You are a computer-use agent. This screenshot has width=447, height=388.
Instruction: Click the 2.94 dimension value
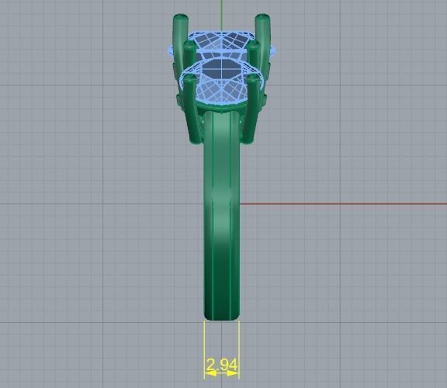[222, 364]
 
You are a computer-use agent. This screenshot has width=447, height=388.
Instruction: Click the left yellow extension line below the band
[204, 345]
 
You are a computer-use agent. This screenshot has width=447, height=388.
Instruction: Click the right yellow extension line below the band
[239, 345]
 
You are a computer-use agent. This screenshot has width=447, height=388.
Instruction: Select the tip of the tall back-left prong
[181, 18]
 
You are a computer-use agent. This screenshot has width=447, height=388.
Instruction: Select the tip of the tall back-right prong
[262, 18]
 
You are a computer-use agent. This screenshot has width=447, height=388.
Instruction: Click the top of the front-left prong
[189, 78]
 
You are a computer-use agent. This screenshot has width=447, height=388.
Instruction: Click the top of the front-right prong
[253, 78]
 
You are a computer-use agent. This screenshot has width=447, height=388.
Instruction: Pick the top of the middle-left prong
[189, 47]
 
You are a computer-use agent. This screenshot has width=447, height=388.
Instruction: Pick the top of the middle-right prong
[253, 47]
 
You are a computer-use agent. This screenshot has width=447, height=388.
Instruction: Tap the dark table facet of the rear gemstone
[221, 42]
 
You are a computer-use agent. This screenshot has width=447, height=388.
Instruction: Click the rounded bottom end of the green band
[221, 316]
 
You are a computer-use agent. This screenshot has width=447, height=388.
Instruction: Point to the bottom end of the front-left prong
[191, 140]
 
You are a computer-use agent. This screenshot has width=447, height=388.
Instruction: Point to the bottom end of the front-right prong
[251, 140]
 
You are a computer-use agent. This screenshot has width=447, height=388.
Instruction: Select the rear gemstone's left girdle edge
[170, 51]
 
